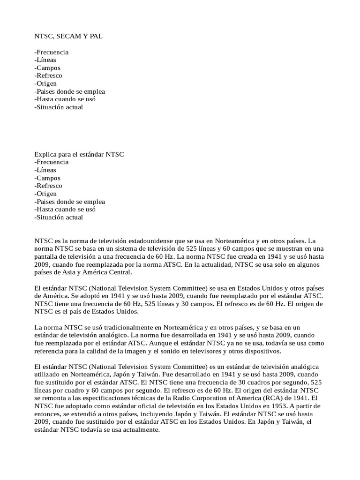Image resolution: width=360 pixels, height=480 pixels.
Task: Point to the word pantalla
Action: (47, 257)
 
